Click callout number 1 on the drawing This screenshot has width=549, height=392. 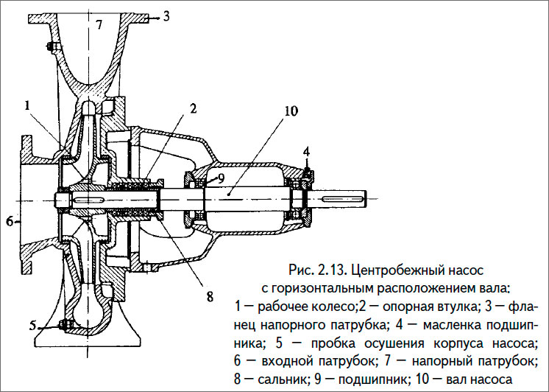(x=26, y=106)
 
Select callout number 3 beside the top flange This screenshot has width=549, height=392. (x=166, y=14)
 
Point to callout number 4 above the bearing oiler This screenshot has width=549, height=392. (x=307, y=152)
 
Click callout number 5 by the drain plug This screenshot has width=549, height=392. (x=33, y=324)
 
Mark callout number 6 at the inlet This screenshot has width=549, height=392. (x=10, y=220)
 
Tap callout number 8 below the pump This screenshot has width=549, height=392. (x=209, y=298)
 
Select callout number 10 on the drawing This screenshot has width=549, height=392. (x=291, y=111)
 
